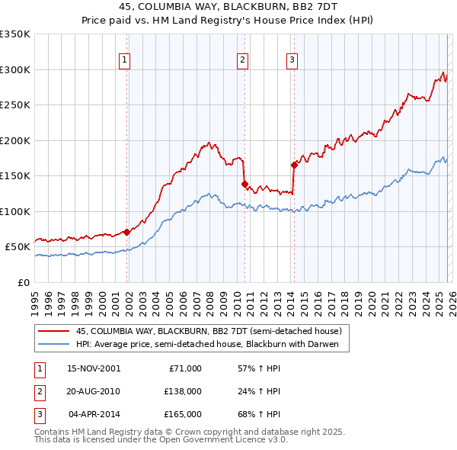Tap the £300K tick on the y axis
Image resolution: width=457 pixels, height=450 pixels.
pyautogui.click(x=16, y=69)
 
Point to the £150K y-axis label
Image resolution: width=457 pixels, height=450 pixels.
pyautogui.click(x=16, y=175)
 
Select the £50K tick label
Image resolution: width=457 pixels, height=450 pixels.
pyautogui.click(x=18, y=247)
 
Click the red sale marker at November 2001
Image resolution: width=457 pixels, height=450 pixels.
pyautogui.click(x=126, y=232)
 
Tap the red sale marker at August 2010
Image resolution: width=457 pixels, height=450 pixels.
pyautogui.click(x=244, y=184)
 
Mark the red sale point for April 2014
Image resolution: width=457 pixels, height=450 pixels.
pyautogui.click(x=293, y=165)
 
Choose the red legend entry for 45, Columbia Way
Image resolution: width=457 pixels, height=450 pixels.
pyautogui.click(x=213, y=331)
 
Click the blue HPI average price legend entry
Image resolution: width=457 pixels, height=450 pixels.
pyautogui.click(x=213, y=345)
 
